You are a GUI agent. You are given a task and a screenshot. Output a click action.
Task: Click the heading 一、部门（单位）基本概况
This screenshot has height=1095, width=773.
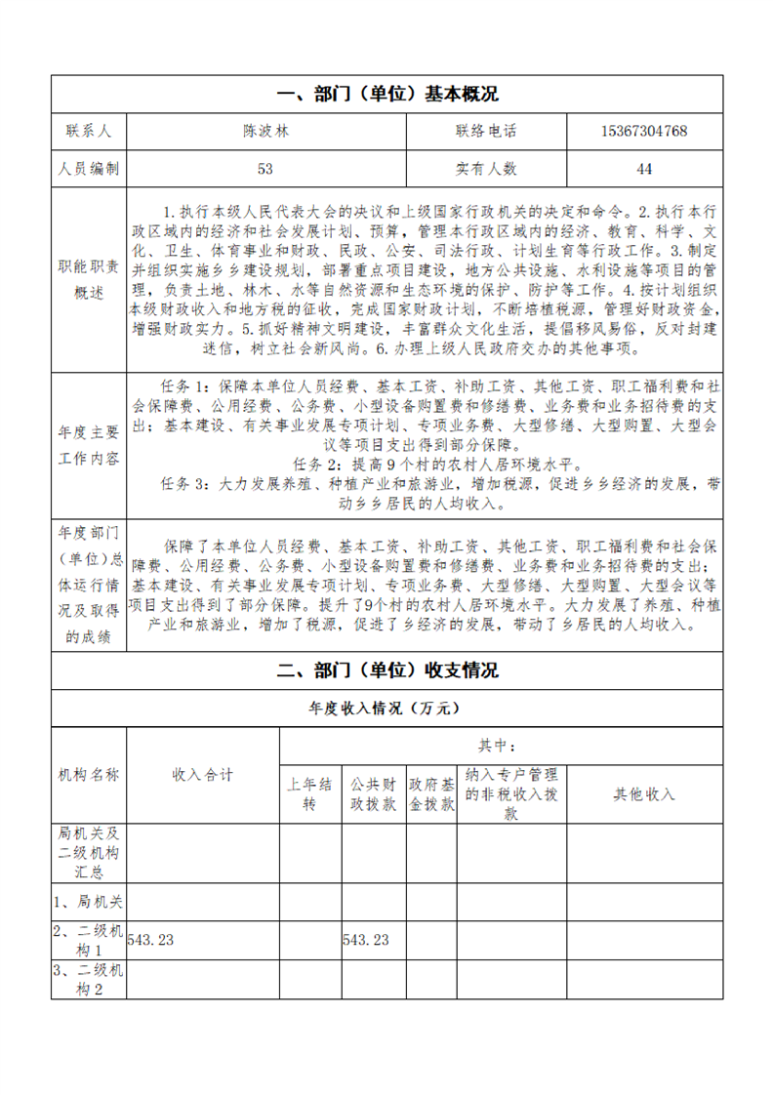[387, 95]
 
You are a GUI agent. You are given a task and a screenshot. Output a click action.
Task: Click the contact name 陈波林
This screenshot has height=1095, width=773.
[265, 132]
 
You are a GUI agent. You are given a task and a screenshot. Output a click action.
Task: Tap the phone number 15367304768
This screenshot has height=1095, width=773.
[644, 132]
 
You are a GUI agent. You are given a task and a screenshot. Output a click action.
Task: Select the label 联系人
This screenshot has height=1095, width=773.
[89, 132]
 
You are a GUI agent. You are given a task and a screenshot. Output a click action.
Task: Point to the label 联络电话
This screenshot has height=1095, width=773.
[485, 132]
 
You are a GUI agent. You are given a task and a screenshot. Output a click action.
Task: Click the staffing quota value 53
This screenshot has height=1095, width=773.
[265, 169]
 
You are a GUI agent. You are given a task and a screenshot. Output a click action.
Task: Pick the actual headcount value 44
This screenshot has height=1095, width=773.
[644, 169]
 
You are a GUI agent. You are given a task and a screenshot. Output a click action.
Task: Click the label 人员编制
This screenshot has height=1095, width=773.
[89, 169]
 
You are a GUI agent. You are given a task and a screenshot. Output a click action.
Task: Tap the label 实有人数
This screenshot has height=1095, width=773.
[485, 169]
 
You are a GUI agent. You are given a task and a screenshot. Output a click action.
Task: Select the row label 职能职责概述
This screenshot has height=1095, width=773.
[89, 280]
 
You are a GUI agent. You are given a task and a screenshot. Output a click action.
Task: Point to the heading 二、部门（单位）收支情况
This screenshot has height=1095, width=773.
[387, 670]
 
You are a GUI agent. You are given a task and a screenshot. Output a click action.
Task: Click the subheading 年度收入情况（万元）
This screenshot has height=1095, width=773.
[387, 709]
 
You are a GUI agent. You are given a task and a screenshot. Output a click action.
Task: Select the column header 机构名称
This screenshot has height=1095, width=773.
[89, 775]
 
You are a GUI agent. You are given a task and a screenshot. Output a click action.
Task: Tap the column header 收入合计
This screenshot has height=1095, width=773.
[203, 775]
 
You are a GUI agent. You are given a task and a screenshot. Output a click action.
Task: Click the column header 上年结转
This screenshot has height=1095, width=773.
[309, 794]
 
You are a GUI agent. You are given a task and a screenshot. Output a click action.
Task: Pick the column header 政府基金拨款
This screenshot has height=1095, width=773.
[431, 794]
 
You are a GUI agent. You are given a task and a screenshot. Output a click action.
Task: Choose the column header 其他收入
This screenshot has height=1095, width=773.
[644, 794]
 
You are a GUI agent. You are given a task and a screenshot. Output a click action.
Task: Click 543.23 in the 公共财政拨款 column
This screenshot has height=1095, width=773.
[366, 940]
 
